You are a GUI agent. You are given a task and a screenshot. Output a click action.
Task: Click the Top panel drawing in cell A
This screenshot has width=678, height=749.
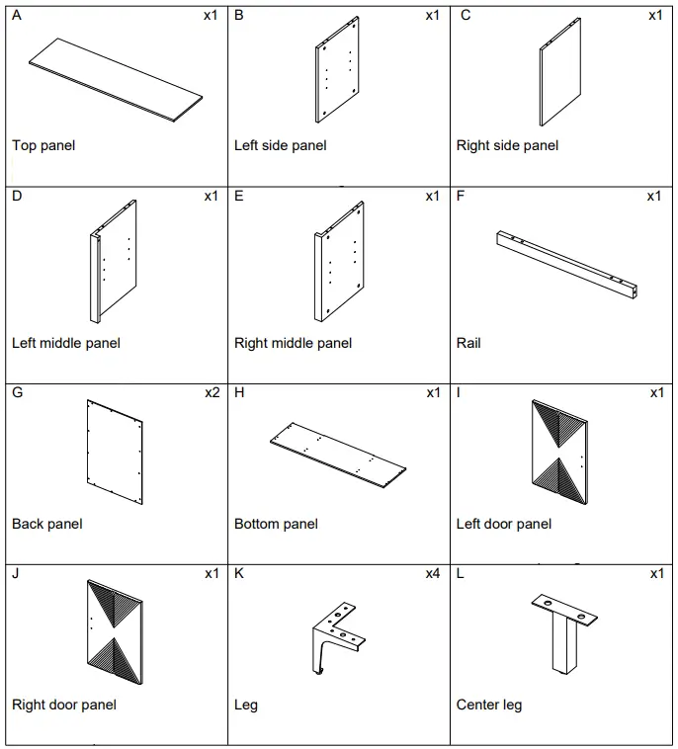pos(116,80)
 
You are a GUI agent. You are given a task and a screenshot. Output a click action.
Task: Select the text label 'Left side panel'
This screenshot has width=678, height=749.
pos(280,145)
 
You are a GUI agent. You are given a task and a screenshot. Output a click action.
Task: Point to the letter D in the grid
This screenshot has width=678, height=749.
pos(17,196)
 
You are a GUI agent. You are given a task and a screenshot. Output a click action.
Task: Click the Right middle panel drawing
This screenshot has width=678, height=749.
pos(339,263)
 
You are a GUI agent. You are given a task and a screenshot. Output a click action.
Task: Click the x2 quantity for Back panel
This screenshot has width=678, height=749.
pos(212,392)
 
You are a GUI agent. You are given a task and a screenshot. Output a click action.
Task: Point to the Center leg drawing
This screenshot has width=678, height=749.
pos(562,633)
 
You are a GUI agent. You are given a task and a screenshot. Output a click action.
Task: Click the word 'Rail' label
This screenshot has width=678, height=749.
pos(468,343)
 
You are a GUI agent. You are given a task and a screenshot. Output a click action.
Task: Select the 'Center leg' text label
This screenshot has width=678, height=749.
pos(488,705)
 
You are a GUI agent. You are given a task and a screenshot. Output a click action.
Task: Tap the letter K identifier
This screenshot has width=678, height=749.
pos(239,574)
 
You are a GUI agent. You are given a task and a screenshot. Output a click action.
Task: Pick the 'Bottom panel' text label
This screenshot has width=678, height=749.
pos(276,524)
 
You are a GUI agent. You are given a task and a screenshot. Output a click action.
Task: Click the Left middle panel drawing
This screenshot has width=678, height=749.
pos(114,262)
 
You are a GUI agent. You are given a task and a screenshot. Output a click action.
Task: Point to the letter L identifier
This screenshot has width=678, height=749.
pos(461,574)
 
